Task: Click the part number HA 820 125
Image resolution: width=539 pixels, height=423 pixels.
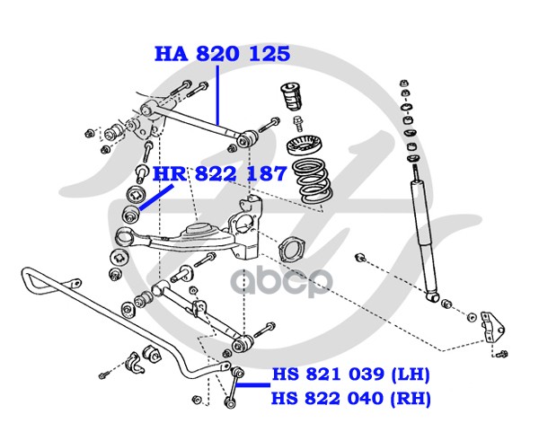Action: (x=223, y=54)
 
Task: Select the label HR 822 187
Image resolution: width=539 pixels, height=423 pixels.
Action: (x=219, y=173)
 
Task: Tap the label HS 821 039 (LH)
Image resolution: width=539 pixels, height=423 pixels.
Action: (x=351, y=374)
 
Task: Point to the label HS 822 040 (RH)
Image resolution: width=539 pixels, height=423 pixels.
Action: (x=351, y=399)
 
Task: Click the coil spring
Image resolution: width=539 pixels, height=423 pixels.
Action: (x=312, y=181)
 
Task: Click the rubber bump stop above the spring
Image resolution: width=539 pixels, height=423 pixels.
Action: (x=291, y=96)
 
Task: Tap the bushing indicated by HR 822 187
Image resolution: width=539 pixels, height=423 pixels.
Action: (x=130, y=214)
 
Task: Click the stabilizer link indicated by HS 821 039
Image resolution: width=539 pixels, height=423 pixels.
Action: (x=234, y=387)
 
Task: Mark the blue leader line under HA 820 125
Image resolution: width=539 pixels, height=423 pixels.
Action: (x=217, y=94)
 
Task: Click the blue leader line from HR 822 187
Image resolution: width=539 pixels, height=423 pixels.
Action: (x=155, y=198)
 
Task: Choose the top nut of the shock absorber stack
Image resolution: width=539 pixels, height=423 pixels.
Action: (x=404, y=84)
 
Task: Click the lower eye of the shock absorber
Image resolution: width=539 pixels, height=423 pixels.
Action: (x=433, y=296)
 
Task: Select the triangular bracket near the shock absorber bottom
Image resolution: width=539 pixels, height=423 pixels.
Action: (x=492, y=326)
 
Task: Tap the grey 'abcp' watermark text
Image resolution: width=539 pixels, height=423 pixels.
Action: (x=281, y=283)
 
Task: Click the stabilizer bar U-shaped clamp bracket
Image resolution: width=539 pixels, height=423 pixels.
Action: (x=135, y=363)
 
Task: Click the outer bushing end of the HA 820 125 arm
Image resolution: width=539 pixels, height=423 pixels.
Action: (x=248, y=138)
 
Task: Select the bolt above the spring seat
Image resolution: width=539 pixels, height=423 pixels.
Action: (x=297, y=124)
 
